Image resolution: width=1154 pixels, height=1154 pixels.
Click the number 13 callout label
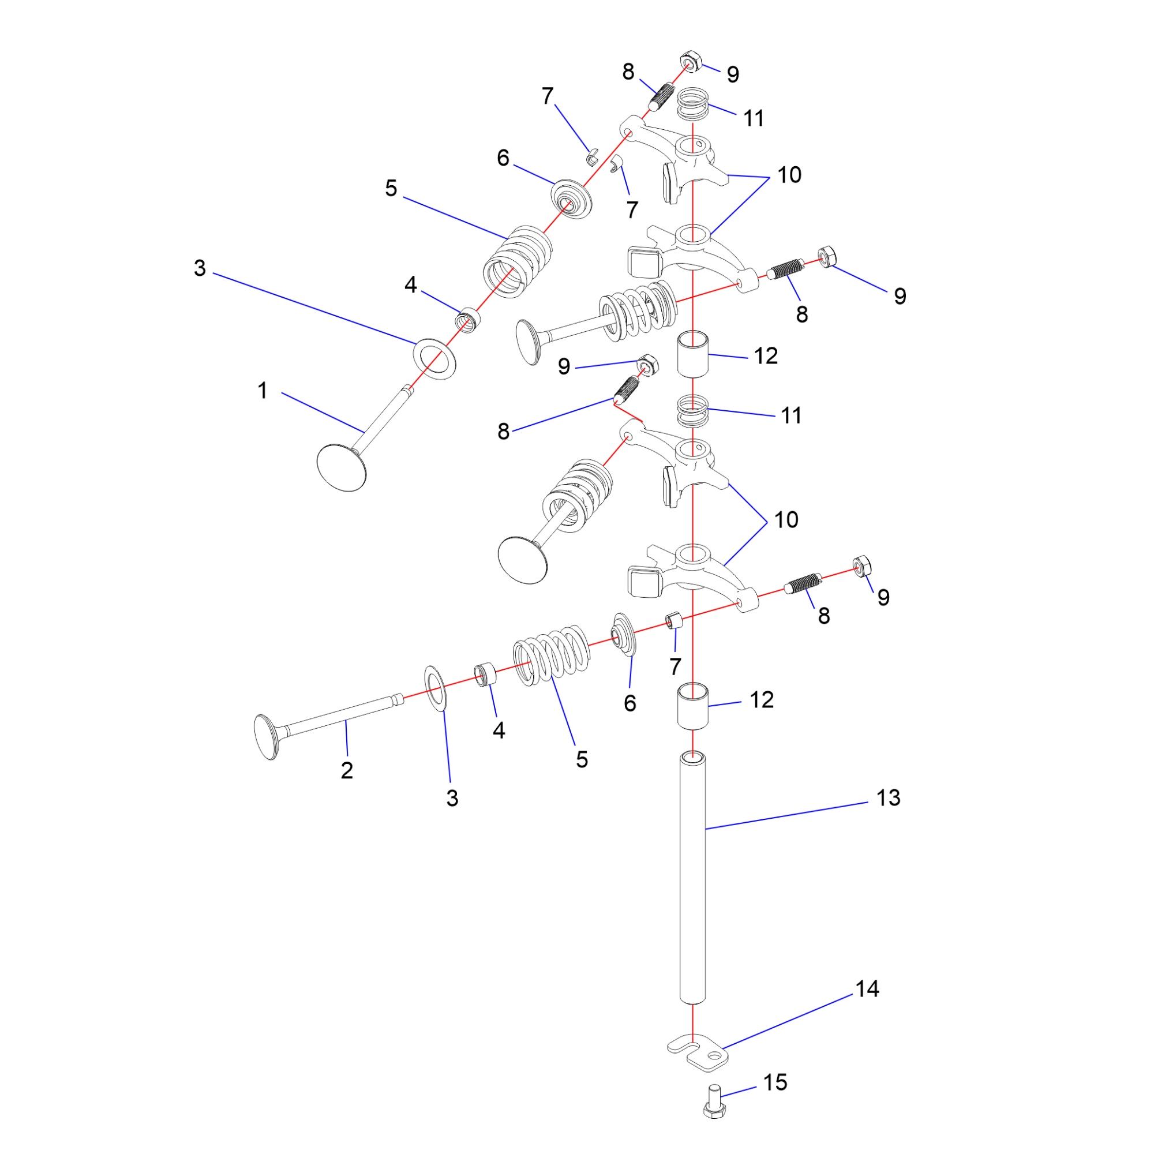coord(888,798)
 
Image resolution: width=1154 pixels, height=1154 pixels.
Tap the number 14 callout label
coord(867,989)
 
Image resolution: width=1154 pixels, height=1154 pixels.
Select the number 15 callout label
coord(775,1082)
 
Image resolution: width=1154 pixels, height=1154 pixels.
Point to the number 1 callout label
coord(262,391)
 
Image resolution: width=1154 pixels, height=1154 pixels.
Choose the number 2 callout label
coord(347,770)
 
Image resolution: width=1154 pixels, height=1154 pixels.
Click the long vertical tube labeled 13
coord(692,878)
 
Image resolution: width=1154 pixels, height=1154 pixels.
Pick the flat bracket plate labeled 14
coord(698,1054)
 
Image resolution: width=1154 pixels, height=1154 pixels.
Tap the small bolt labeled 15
coord(714,1102)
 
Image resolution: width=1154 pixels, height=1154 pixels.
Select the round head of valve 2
coord(266,737)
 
